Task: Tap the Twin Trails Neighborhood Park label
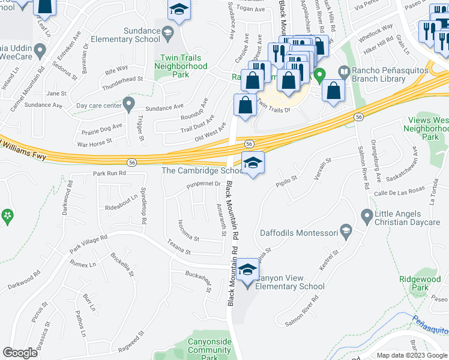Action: [x=181, y=66]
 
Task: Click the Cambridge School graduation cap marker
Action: [x=253, y=162]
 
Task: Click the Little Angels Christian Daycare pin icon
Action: [x=367, y=215]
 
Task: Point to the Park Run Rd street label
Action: [x=109, y=173]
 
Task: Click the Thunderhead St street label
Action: [x=123, y=79]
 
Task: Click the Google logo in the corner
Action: [x=20, y=353]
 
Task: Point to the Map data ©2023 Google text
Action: [x=411, y=355]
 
